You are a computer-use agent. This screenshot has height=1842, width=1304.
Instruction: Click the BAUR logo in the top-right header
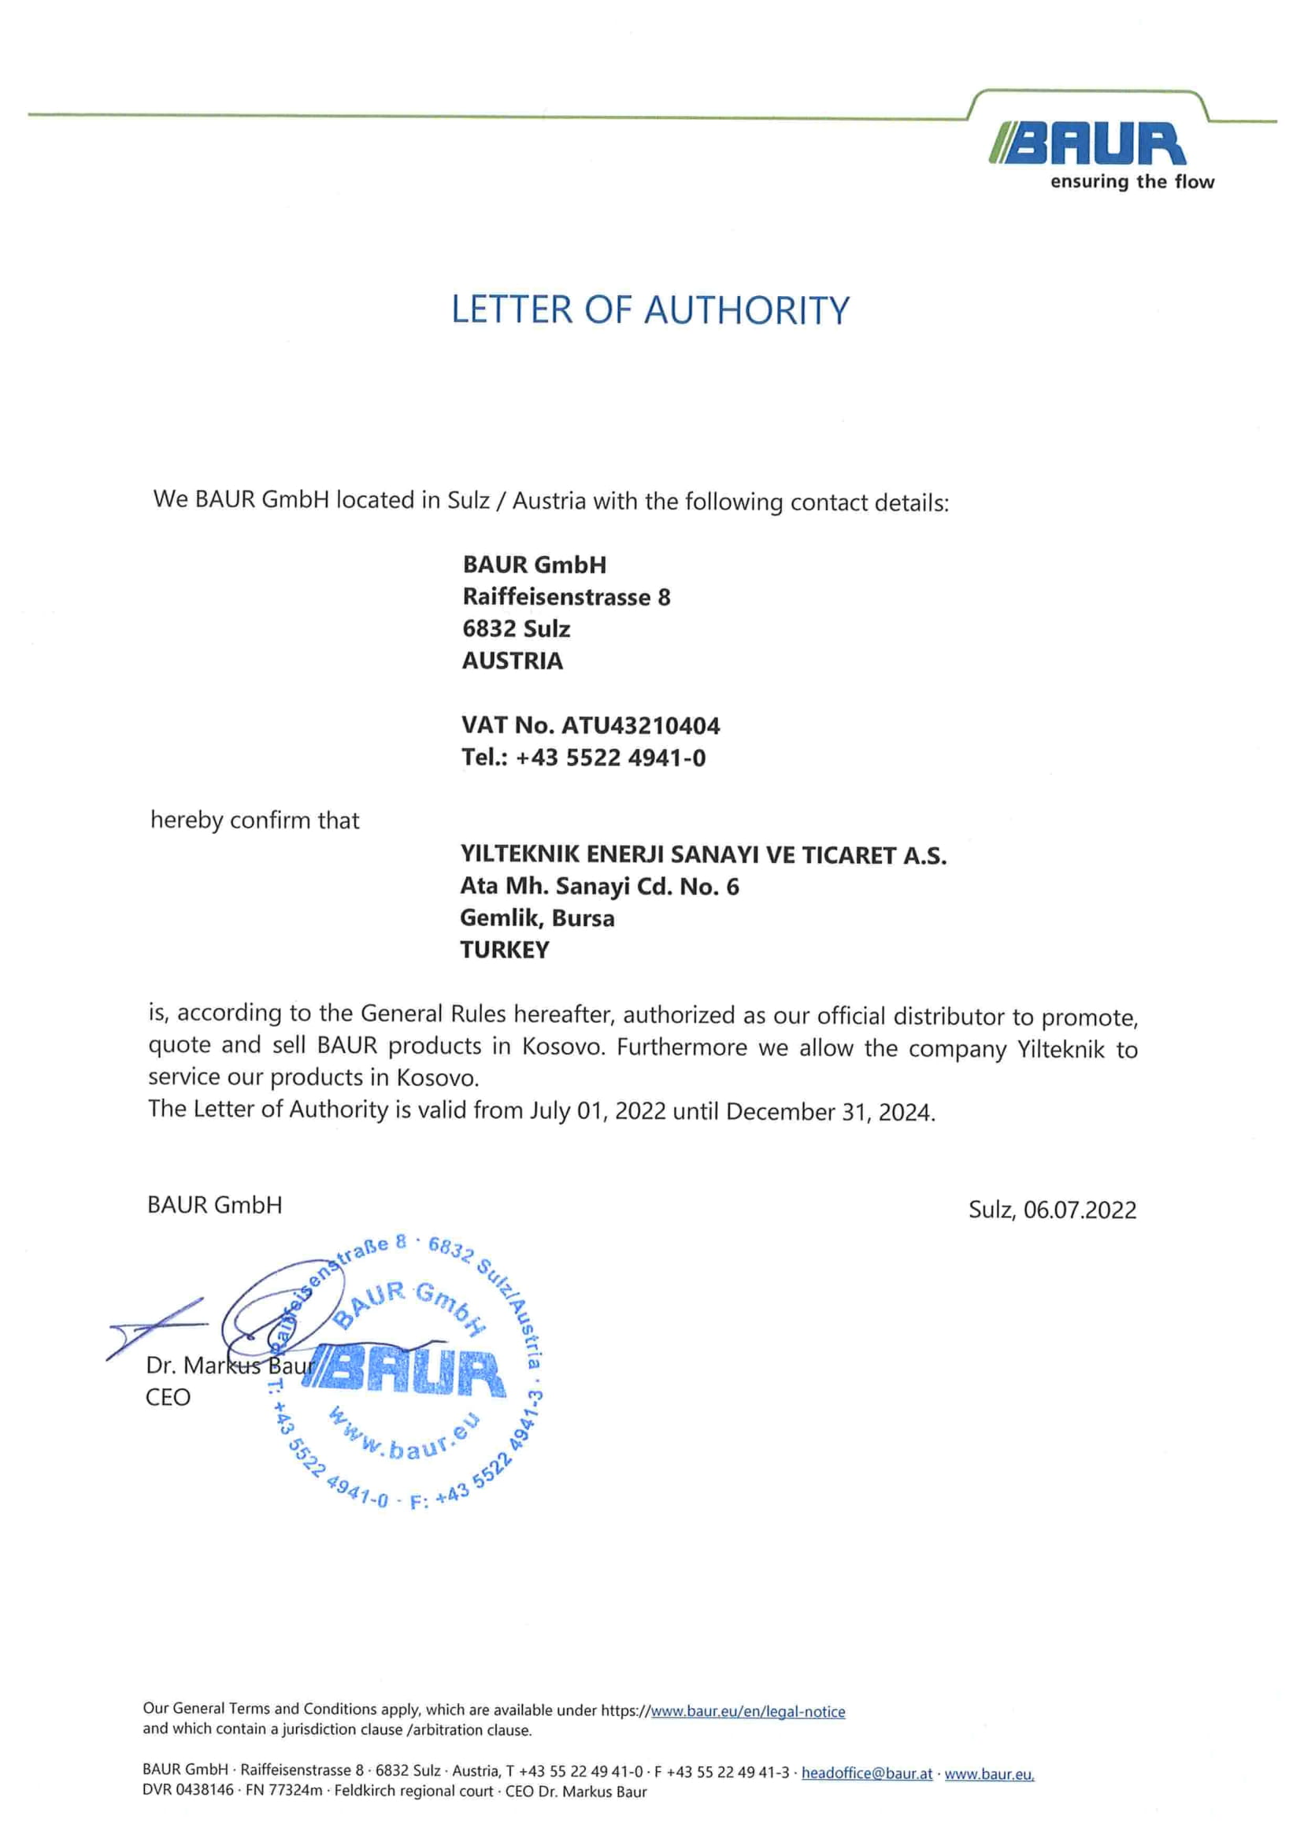1088,145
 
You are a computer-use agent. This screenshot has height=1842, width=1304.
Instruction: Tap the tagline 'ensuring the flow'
1132,182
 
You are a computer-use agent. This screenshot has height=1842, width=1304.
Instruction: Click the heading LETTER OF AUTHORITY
650,310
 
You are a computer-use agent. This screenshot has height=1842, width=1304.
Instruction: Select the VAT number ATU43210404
640,726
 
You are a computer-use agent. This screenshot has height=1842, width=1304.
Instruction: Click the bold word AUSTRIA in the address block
513,661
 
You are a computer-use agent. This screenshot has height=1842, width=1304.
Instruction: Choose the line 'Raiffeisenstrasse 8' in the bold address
566,597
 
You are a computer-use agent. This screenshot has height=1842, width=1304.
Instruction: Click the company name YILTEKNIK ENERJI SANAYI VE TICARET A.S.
703,855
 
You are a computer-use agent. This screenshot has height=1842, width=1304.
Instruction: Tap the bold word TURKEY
504,950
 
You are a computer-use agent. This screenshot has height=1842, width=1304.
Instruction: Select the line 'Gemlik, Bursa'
537,917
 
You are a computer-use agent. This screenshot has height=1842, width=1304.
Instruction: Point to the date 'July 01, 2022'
598,1111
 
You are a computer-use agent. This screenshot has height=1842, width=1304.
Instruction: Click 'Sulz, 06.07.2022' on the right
1052,1210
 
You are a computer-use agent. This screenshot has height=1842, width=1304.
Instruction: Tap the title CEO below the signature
168,1397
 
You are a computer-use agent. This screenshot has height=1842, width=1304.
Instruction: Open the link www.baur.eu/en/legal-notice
747,1712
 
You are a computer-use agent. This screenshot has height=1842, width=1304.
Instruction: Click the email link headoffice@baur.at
866,1773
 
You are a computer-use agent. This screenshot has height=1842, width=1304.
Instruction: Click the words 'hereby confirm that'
254,821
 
